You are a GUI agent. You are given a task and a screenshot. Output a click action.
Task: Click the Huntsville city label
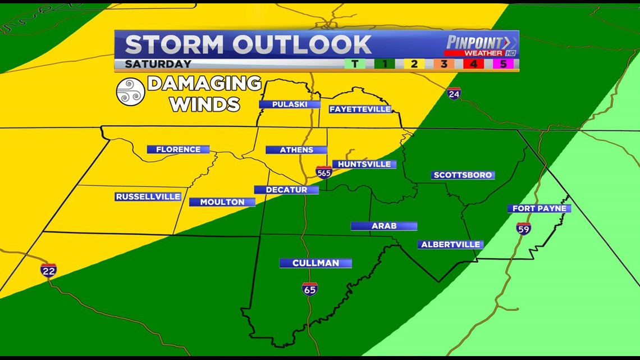point(364,164)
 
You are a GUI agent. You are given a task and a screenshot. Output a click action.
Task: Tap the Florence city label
point(178,149)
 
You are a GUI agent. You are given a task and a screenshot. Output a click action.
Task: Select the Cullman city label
point(316,263)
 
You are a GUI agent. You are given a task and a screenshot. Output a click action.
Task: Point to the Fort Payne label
point(539,208)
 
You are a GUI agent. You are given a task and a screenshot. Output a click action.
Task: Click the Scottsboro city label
point(463,175)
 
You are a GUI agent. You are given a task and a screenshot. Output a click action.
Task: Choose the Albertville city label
point(450,244)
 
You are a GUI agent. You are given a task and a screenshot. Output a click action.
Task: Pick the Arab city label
point(384,226)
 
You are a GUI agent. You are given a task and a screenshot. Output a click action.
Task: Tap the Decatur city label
point(286,190)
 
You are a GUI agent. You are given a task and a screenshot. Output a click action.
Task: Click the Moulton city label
point(222,202)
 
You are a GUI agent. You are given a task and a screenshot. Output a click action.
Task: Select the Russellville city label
point(148,197)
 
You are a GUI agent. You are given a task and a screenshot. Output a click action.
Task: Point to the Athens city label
point(296,150)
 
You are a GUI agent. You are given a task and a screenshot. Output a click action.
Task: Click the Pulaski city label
point(289,104)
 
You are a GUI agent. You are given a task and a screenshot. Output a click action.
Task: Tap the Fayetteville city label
point(360,109)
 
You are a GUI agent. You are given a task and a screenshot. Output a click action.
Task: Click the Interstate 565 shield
point(323,172)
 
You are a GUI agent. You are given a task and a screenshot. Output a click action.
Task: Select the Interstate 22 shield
point(49,270)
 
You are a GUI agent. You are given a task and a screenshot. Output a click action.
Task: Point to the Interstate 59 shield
point(523,228)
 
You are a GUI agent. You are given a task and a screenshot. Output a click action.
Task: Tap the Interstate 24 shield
point(454,93)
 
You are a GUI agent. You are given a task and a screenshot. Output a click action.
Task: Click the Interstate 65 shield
point(309,289)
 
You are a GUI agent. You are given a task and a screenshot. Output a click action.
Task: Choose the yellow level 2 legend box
point(414,63)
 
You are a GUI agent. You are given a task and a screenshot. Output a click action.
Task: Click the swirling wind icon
point(130,92)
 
